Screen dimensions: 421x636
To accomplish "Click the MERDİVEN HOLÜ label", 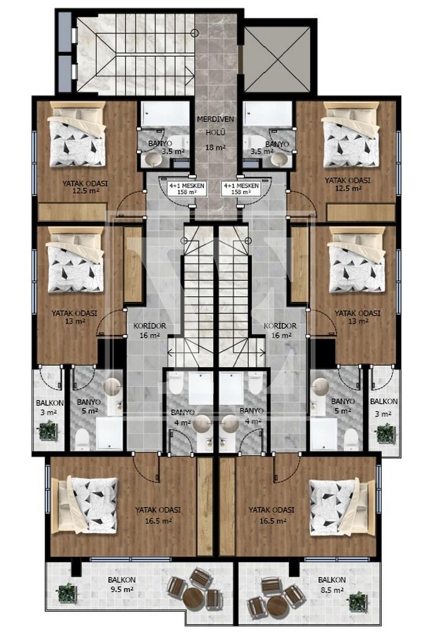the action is (215, 125).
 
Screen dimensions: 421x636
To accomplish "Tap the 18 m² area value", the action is (215, 148).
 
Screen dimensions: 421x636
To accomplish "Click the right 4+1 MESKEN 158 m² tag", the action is (241, 189).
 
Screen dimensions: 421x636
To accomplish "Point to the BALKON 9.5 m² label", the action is (121, 584).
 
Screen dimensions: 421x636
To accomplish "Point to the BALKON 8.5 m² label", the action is (331, 584).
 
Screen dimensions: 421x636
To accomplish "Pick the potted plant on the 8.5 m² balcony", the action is (358, 601).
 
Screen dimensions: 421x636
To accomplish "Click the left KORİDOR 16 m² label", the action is (149, 330).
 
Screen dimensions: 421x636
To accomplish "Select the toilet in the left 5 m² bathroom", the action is (82, 439).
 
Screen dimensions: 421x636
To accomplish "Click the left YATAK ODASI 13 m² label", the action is (74, 317).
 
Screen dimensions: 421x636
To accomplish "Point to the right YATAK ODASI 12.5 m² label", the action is (348, 184).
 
